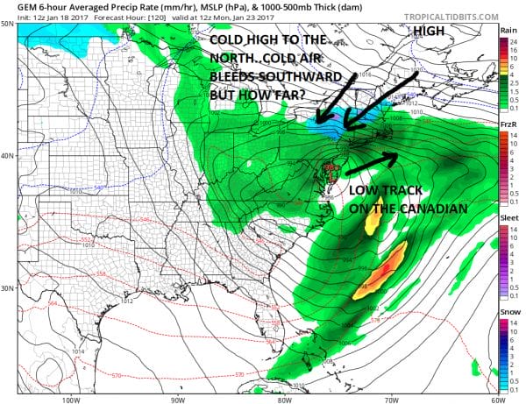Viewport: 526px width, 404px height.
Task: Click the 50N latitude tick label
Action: (x=8, y=24)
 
